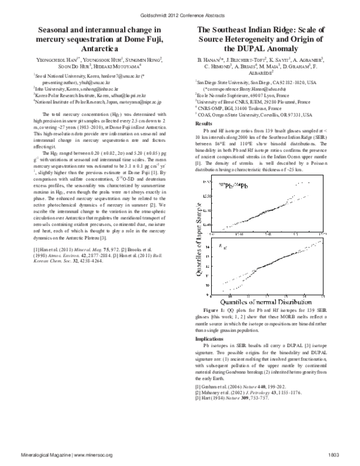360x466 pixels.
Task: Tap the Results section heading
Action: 206,121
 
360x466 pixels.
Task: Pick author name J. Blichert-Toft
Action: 245,61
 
